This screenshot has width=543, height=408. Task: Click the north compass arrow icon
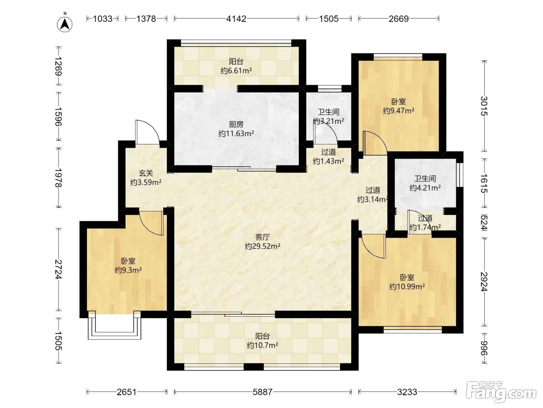click(64, 24)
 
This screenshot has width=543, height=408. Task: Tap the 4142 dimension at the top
click(236, 19)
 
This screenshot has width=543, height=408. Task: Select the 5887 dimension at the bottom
click(263, 392)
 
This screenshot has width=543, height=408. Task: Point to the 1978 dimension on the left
click(59, 178)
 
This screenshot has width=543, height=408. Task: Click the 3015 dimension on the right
click(484, 106)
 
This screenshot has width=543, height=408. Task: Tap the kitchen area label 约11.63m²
click(236, 134)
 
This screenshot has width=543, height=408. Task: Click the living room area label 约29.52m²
click(263, 246)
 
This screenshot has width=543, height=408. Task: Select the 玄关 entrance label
click(146, 173)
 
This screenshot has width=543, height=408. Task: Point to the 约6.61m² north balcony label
click(236, 71)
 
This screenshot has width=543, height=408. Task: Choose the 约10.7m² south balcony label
click(263, 345)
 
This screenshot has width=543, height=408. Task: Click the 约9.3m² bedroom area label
click(128, 270)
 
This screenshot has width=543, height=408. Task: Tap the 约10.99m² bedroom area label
click(407, 287)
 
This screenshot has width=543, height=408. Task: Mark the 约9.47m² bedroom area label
click(399, 110)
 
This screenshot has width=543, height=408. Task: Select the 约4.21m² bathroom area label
click(425, 188)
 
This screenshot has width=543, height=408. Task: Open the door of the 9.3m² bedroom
click(151, 223)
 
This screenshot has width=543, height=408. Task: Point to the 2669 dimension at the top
click(399, 19)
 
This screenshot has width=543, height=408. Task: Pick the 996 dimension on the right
click(484, 348)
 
